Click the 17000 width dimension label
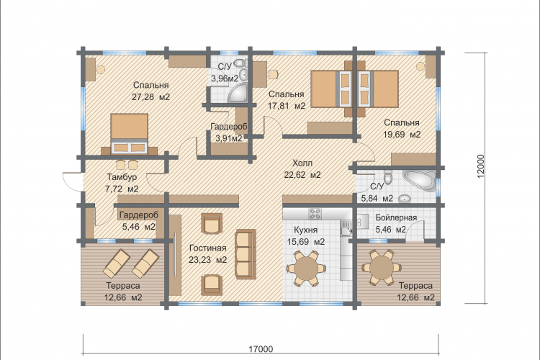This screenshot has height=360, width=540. coord(261,349)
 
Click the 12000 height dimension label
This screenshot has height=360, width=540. coord(481,166)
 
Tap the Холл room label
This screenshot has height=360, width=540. coord(302,163)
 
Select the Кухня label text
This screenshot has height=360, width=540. coord(305,230)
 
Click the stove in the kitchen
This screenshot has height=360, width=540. coord(315,214)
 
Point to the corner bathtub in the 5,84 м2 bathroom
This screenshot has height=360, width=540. coord(419,180)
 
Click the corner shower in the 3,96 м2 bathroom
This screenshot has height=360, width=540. coord(238,93)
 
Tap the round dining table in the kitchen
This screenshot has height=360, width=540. coord(305,269)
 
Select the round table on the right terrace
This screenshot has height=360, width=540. coord(381,267)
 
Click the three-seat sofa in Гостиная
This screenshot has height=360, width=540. coord(246,254)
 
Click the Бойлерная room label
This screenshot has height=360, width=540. coord(396,217)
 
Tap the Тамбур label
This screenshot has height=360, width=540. coord(122,177)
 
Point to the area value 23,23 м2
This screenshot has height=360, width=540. coord(207,260)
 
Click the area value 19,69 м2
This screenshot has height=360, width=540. coord(402,135)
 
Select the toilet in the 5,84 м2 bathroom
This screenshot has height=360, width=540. coord(389,176)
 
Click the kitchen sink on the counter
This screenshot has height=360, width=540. coord(346,228)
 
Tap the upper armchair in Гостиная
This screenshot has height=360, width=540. coord(212,223)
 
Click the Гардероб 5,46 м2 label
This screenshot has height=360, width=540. coord(139,221)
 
